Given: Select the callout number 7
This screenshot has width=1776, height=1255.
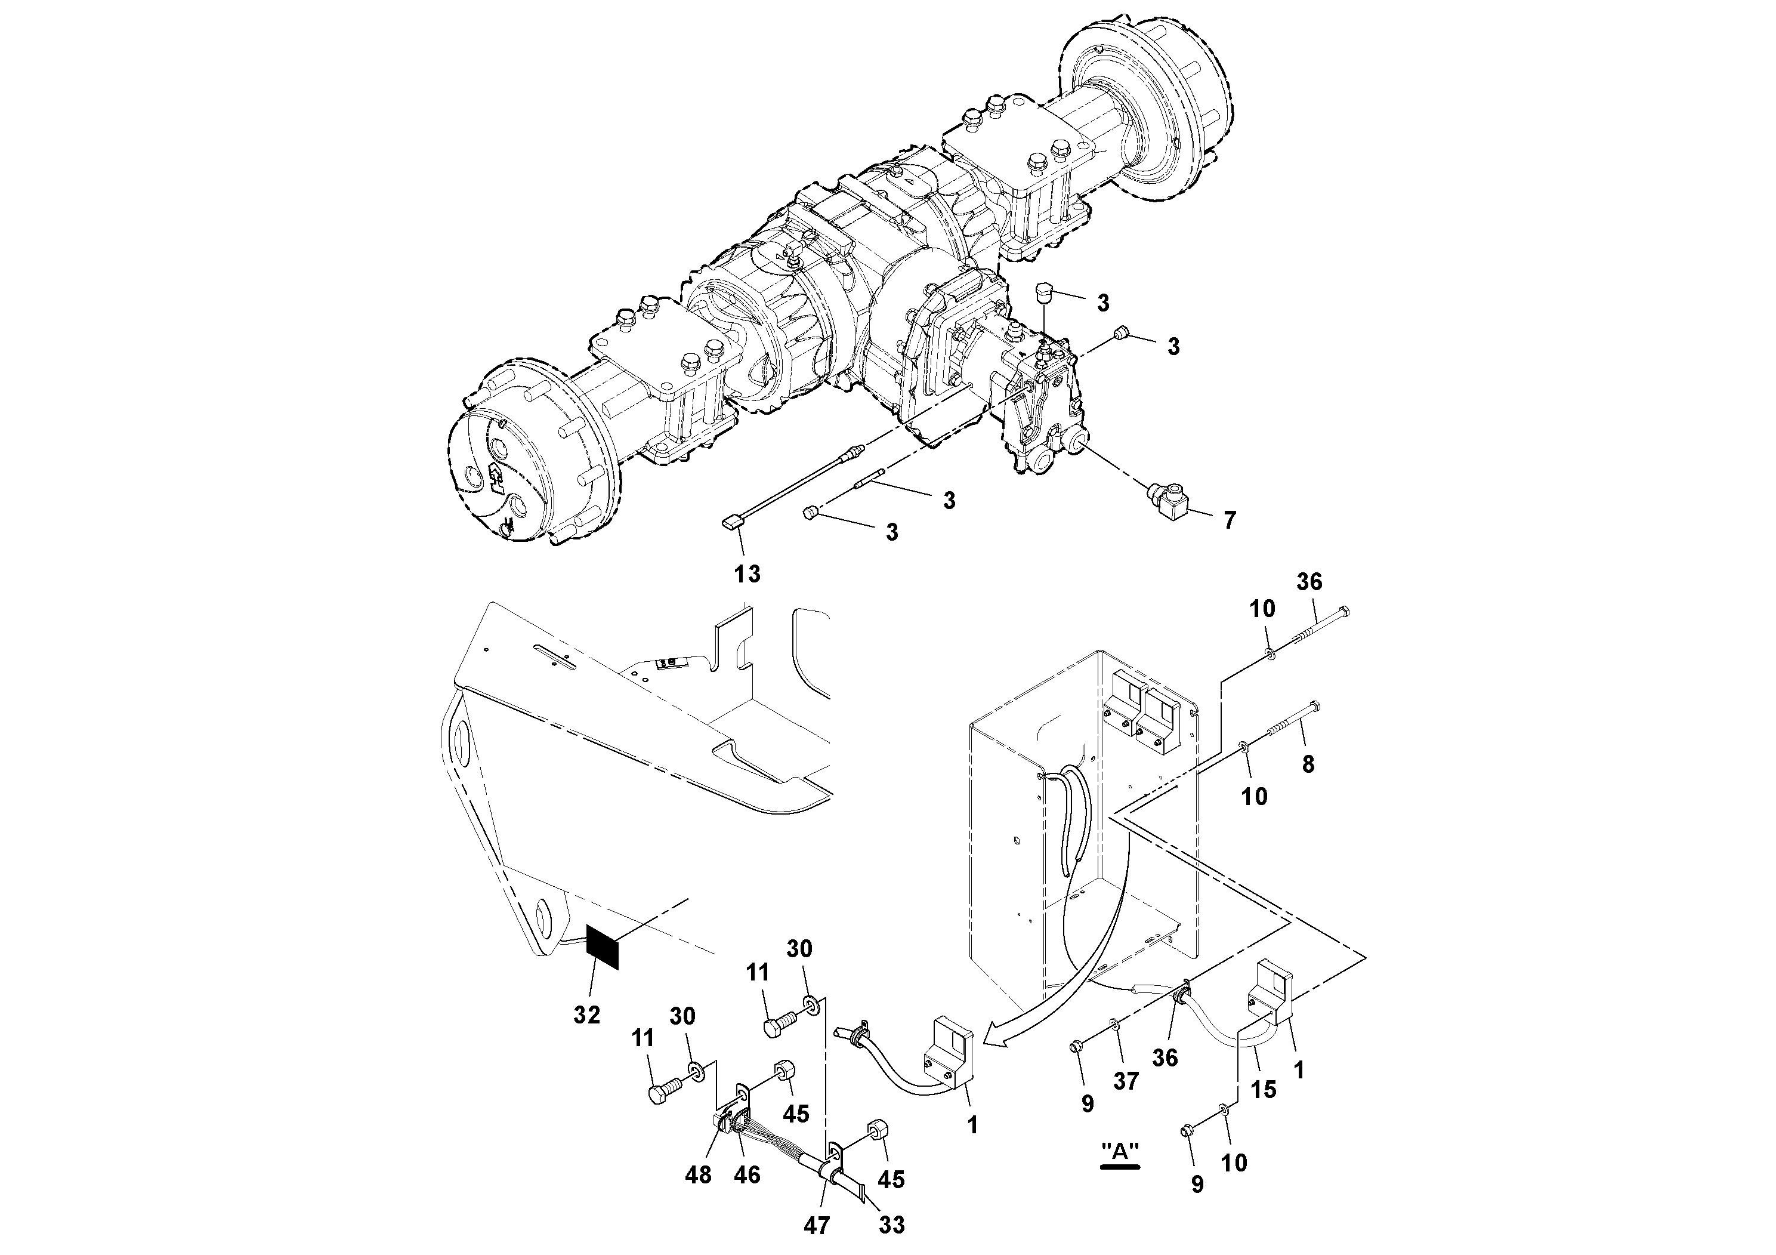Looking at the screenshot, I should coord(1229,520).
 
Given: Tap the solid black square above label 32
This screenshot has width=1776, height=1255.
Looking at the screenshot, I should coord(603,947).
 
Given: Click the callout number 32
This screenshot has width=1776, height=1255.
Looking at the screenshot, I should coord(587,1015).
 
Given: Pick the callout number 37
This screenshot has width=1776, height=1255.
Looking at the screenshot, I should coord(1126,1081).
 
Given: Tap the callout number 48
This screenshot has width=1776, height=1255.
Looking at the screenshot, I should coord(699,1175).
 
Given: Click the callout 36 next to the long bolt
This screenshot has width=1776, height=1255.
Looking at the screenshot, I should coord(1309,581).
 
